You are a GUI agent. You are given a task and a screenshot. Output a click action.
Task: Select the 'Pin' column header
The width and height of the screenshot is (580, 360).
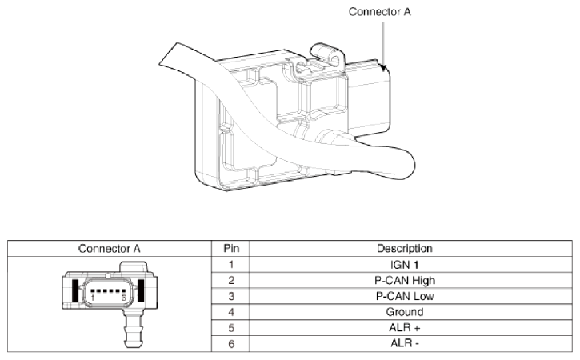pos(230,248)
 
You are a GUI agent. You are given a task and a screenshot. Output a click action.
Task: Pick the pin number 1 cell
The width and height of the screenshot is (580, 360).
pos(230,264)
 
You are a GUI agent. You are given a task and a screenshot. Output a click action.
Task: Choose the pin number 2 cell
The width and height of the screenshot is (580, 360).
pos(230,280)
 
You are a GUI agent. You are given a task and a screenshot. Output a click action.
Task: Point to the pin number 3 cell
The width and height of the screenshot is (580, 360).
pos(230,296)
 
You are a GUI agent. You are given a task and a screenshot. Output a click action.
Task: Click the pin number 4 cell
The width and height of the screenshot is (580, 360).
pos(230,312)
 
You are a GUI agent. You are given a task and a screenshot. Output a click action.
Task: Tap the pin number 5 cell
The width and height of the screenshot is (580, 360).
pos(230,328)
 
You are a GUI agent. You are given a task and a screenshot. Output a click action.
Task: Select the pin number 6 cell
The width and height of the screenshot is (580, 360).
pos(230,344)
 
